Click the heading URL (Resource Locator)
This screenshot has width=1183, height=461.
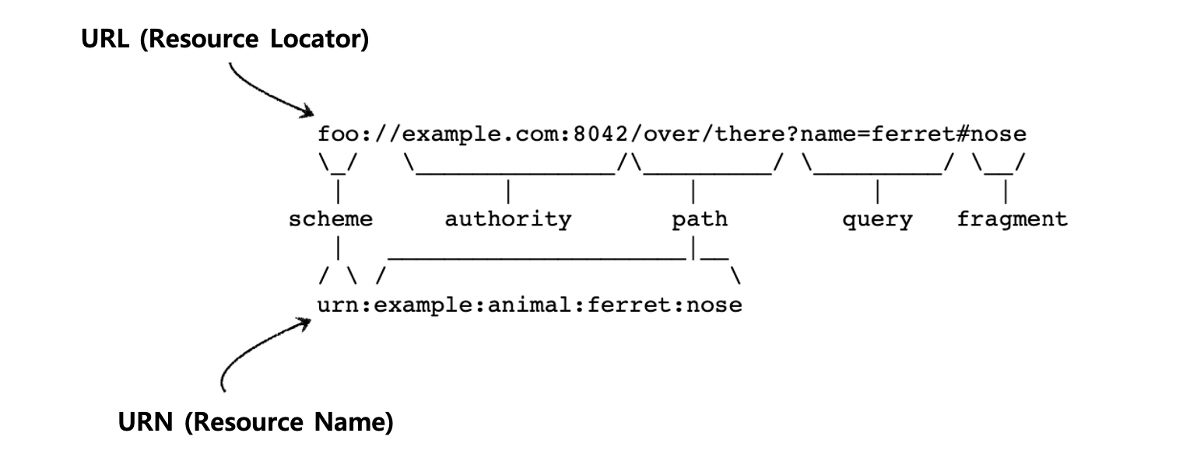pyautogui.click(x=226, y=40)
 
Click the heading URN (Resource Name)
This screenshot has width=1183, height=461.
pyautogui.click(x=255, y=423)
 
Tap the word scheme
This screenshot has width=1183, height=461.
pyautogui.click(x=331, y=219)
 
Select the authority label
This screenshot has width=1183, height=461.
pyautogui.click(x=507, y=219)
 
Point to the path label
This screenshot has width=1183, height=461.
pyautogui.click(x=700, y=219)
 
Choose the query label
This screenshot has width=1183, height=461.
pyautogui.click(x=876, y=220)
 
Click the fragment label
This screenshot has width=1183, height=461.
pyautogui.click(x=1012, y=219)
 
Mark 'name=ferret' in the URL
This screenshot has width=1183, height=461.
pyautogui.click(x=877, y=134)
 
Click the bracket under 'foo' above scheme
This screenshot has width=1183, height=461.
pyautogui.click(x=337, y=165)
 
